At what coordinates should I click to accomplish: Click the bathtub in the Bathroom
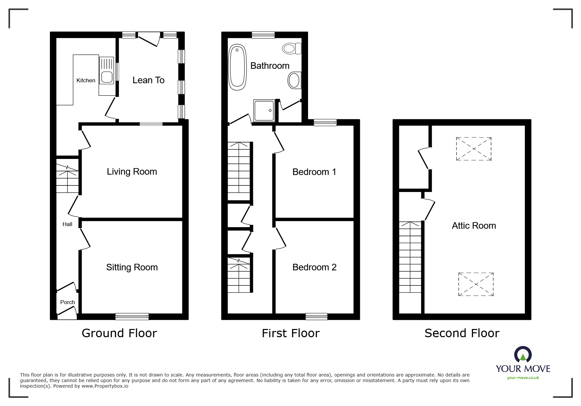point(237,67)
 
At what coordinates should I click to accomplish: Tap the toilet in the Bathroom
point(291,49)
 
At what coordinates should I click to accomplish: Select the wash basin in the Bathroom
point(294,80)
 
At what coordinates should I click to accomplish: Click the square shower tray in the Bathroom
point(263,110)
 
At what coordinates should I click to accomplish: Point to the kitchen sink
point(107,77)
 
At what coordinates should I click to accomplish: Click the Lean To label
point(148,80)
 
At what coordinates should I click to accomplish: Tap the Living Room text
point(132,172)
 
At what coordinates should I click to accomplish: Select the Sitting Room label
point(132,267)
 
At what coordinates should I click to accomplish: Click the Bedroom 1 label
point(314,172)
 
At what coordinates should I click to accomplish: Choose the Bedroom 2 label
point(314,267)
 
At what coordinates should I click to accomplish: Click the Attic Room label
point(474,226)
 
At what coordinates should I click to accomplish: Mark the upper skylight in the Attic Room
point(474,149)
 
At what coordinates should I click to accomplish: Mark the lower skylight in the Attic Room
point(476,284)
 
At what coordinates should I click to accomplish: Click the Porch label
point(68,302)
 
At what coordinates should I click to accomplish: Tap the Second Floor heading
point(462,333)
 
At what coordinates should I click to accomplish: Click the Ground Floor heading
point(119,333)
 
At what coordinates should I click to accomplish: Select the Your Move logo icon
point(523,355)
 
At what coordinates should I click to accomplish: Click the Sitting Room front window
point(132,317)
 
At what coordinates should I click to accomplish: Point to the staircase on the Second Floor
point(410,257)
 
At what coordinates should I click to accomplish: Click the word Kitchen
point(86,81)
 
